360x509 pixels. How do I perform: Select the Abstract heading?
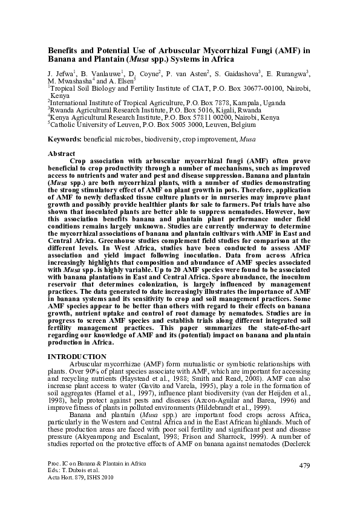point(61,154)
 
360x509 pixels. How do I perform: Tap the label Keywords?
point(65,139)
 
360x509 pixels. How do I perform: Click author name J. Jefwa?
point(61,74)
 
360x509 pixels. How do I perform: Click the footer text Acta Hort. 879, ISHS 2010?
point(80,476)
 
